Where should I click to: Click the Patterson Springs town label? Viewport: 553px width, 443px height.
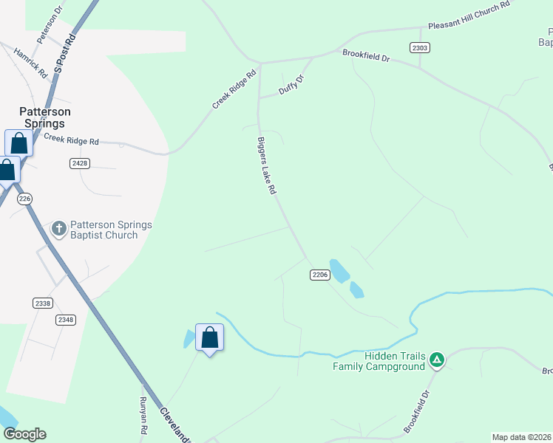click(45, 117)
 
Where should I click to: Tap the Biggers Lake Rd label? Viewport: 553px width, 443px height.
click(266, 165)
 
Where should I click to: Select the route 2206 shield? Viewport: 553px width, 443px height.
click(319, 275)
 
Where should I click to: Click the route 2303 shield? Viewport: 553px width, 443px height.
click(420, 47)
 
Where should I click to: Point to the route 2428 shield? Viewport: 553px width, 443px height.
click(81, 162)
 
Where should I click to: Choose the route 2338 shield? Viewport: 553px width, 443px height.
click(43, 303)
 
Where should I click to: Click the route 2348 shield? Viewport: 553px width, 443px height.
click(66, 320)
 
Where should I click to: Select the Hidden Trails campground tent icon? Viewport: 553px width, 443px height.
click(437, 360)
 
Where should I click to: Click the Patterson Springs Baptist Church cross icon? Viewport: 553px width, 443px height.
click(59, 229)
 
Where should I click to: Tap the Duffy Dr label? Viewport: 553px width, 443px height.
click(291, 86)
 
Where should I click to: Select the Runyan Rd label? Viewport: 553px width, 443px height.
click(144, 415)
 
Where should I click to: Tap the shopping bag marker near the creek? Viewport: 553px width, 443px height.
click(210, 338)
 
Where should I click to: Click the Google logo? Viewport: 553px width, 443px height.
click(24, 434)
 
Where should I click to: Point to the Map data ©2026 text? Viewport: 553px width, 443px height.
click(522, 437)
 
